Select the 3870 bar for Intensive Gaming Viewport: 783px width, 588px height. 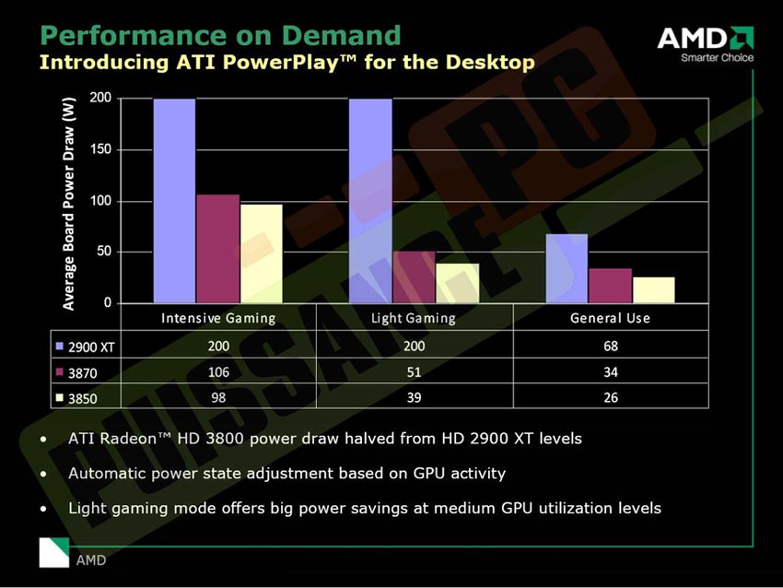coord(217,249)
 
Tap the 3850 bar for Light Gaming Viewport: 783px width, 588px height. coord(457,283)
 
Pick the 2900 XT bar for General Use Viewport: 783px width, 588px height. coord(567,268)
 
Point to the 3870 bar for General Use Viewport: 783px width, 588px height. coord(610,286)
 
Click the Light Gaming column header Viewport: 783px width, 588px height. coord(413,318)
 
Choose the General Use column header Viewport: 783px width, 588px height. coord(610,318)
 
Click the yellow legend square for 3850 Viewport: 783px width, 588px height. coord(59,399)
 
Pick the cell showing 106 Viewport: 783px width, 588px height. coord(218,372)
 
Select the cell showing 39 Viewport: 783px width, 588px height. coord(414,398)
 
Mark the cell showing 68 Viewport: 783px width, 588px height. coord(610,347)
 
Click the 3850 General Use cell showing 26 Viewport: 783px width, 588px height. coord(610,398)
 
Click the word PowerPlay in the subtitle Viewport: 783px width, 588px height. coord(299,63)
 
